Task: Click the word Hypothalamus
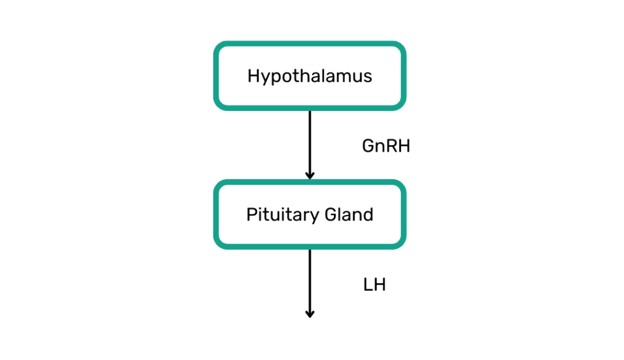(x=310, y=76)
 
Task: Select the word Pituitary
(x=283, y=215)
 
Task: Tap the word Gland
(x=349, y=215)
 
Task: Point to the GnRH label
(x=386, y=146)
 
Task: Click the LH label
(x=375, y=285)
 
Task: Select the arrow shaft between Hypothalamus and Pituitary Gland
(x=310, y=143)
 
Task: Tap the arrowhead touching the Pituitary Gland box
(x=310, y=175)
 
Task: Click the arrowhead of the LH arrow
(x=310, y=314)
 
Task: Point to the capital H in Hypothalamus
(x=253, y=76)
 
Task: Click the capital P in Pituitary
(x=252, y=215)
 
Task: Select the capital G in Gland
(x=331, y=215)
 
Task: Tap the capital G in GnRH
(x=369, y=146)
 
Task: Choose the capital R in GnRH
(x=392, y=146)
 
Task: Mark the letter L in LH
(x=367, y=285)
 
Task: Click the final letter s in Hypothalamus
(x=367, y=77)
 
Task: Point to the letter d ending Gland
(x=368, y=215)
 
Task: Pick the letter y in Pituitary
(x=314, y=217)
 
